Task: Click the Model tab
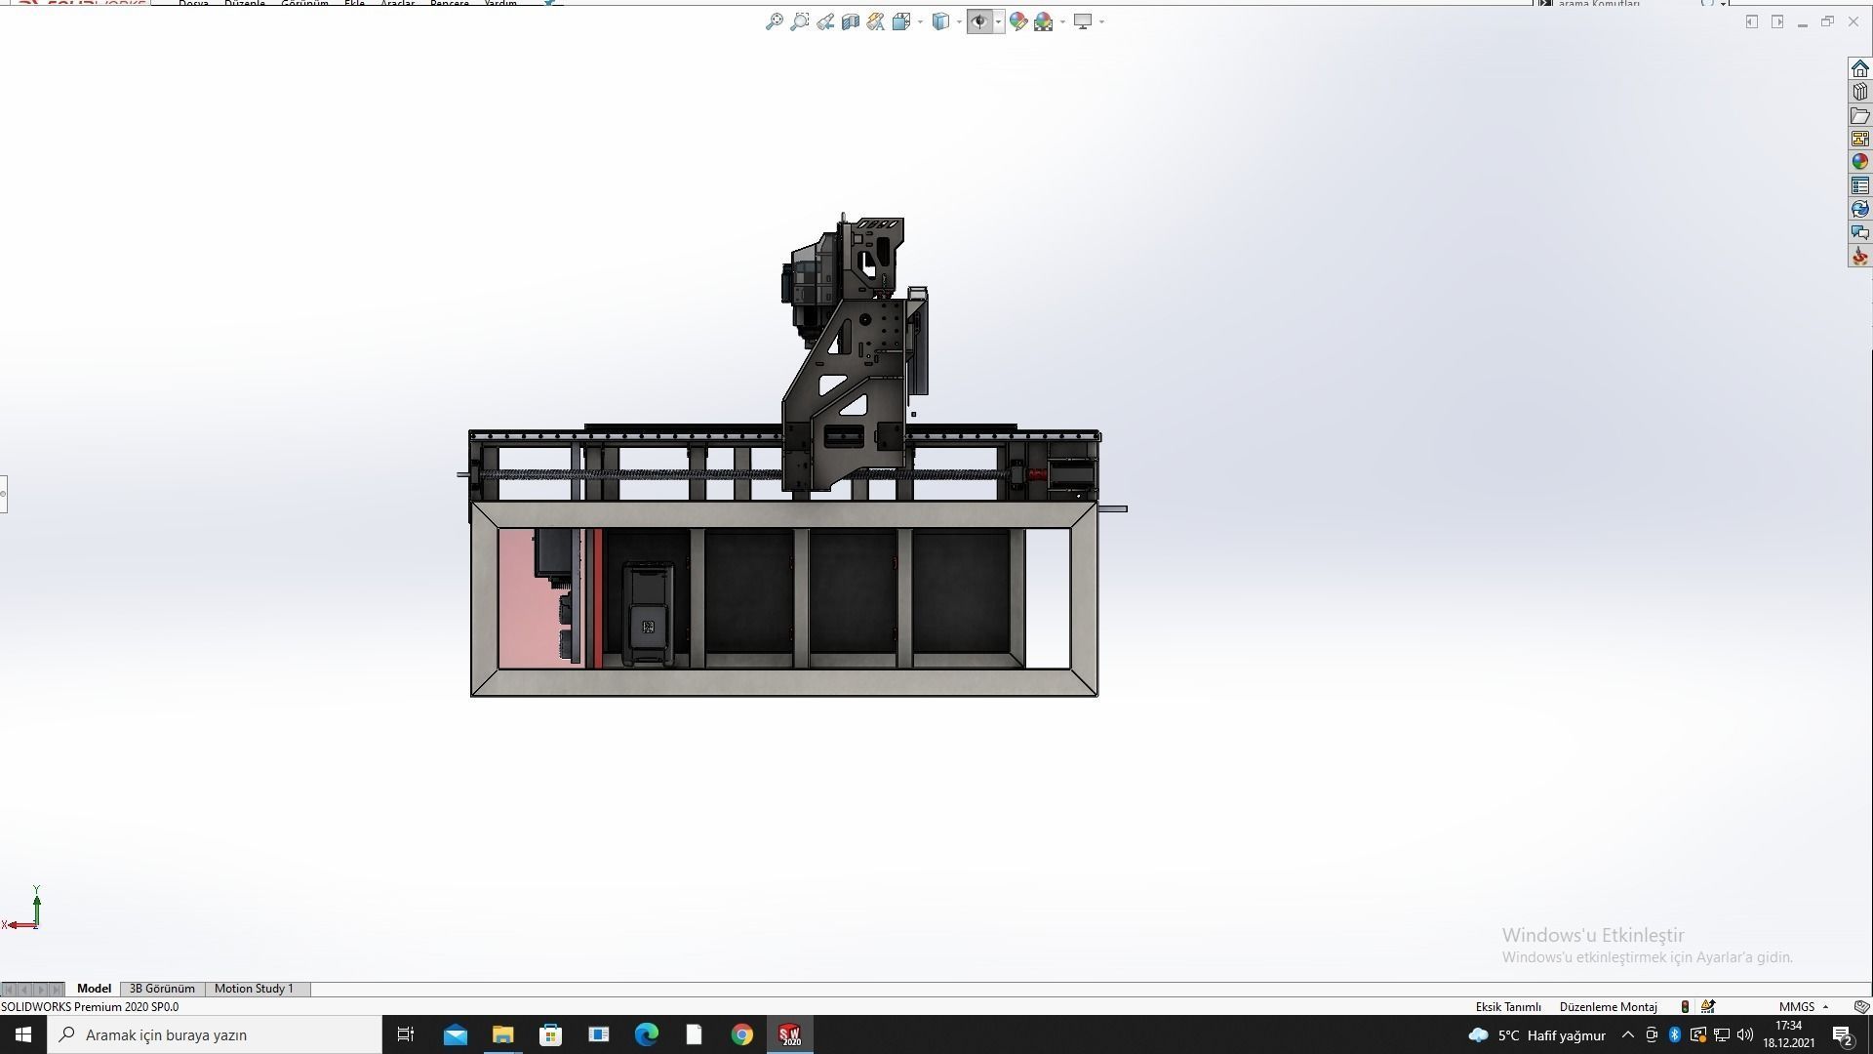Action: coord(94,989)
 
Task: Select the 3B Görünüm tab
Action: coord(162,989)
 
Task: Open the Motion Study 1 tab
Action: coord(254,989)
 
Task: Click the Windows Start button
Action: coord(23,1034)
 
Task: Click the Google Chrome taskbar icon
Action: coord(742,1034)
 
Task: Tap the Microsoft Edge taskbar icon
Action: coord(647,1034)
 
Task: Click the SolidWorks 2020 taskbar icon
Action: coord(789,1034)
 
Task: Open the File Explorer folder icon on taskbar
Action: coord(502,1034)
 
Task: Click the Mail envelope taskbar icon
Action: coord(455,1034)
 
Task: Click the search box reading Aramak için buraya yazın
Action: coord(215,1034)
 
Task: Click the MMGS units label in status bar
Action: coord(1797,1007)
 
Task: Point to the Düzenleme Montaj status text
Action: coord(1608,1007)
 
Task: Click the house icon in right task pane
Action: coord(1859,68)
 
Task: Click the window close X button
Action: coord(1853,21)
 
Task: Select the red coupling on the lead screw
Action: coord(1037,475)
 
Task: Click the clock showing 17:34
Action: coord(1788,1026)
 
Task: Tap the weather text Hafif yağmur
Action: coord(1566,1035)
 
